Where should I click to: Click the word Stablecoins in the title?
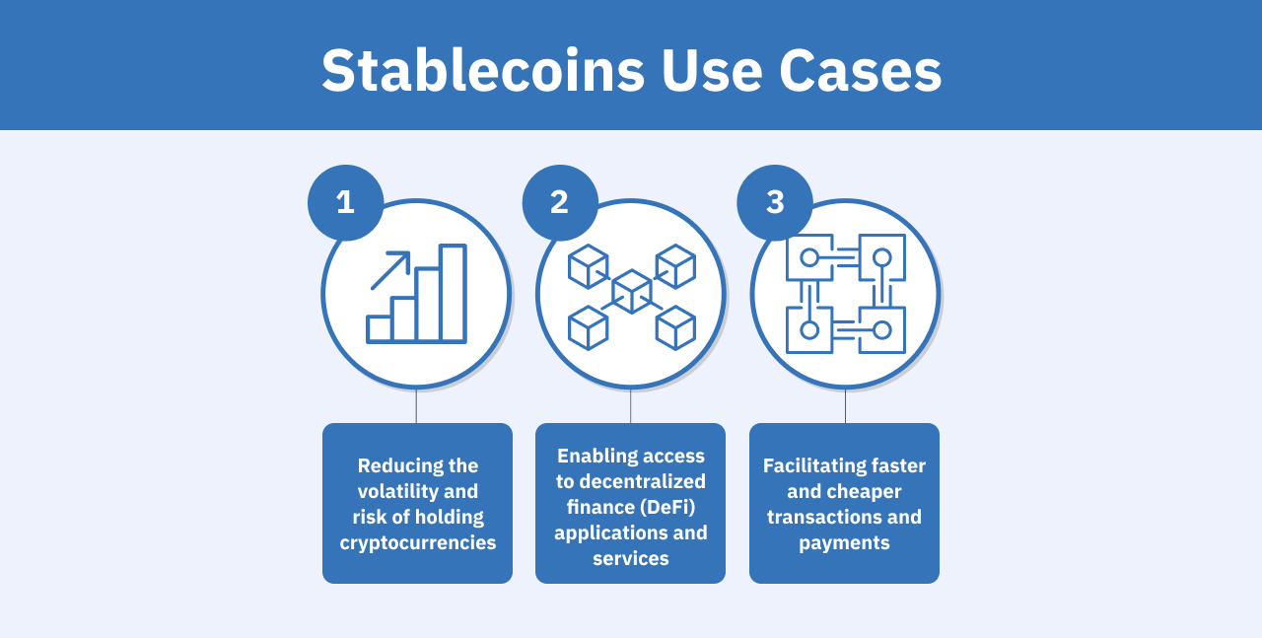pyautogui.click(x=483, y=71)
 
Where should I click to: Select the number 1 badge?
pyautogui.click(x=345, y=202)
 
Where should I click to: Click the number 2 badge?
pyautogui.click(x=560, y=202)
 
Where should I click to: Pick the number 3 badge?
pyautogui.click(x=775, y=202)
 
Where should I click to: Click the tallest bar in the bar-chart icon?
pyautogui.click(x=453, y=294)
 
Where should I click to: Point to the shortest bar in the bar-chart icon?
pyautogui.click(x=380, y=329)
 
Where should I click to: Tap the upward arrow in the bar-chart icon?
pyautogui.click(x=391, y=269)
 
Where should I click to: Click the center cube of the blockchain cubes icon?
pyautogui.click(x=631, y=292)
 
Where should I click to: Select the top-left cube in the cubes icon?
pyautogui.click(x=588, y=266)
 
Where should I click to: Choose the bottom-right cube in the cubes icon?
pyautogui.click(x=675, y=327)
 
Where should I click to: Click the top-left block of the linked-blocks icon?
pyautogui.click(x=809, y=257)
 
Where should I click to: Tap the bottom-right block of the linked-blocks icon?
pyautogui.click(x=882, y=330)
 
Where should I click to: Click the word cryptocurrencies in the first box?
pyautogui.click(x=418, y=542)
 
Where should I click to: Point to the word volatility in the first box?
pyautogui.click(x=418, y=491)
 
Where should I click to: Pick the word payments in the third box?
pyautogui.click(x=844, y=542)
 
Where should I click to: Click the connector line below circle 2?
pyautogui.click(x=631, y=406)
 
